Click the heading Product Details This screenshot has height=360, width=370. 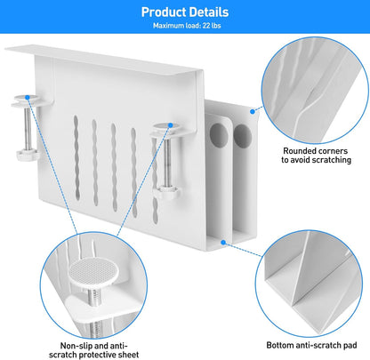(x=185, y=12)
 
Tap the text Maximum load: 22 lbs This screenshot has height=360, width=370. (x=187, y=26)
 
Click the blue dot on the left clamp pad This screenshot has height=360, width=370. (x=28, y=97)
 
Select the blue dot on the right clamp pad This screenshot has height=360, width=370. (x=171, y=125)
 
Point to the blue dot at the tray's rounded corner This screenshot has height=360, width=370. (x=253, y=111)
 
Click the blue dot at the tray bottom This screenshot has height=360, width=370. (x=223, y=243)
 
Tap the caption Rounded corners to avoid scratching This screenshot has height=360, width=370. (x=316, y=156)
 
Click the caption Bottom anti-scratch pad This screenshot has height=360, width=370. (x=311, y=345)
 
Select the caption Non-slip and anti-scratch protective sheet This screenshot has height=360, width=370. (x=94, y=350)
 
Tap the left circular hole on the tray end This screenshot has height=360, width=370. (x=219, y=136)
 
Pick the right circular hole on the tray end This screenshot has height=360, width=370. (x=242, y=136)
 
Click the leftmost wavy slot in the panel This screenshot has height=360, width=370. (x=76, y=157)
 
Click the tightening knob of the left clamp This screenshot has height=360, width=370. (x=28, y=155)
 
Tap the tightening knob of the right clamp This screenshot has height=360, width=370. (x=166, y=192)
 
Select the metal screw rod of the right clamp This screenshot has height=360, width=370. (x=167, y=163)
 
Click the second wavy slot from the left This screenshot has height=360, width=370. (x=95, y=163)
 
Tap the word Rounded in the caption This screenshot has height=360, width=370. (x=300, y=151)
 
